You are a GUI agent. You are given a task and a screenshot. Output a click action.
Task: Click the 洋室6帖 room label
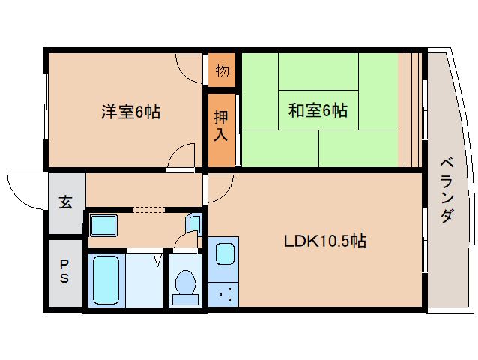(x=130, y=112)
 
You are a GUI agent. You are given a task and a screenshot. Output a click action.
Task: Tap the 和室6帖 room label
(x=318, y=111)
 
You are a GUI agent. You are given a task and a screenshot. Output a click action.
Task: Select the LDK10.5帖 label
(x=324, y=241)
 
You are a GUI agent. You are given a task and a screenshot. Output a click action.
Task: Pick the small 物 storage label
(x=222, y=72)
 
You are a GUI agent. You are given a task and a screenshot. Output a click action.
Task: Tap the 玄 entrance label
(x=66, y=202)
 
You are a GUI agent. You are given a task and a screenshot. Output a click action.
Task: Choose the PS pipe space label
(x=65, y=271)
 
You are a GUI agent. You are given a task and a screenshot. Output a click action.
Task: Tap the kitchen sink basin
(x=224, y=253)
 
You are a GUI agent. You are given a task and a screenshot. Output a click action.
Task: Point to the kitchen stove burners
(x=223, y=294)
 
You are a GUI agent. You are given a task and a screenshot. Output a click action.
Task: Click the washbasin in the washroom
(x=102, y=224)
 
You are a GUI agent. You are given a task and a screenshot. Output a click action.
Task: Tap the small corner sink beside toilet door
(x=194, y=223)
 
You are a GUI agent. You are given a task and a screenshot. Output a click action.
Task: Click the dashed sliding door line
(x=148, y=210)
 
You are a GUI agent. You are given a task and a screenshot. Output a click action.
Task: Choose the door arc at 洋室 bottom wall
(x=181, y=157)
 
